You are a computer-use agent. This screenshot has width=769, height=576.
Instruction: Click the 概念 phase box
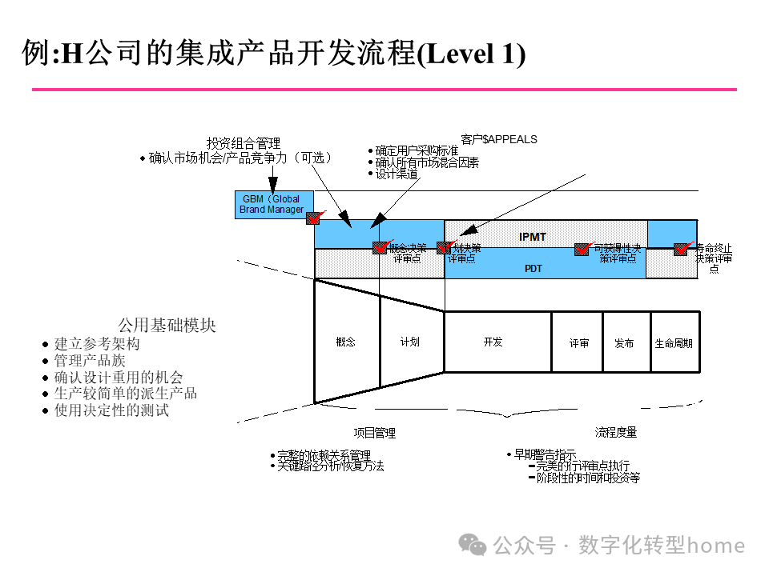(x=346, y=342)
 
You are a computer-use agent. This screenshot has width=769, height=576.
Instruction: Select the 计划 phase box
(x=410, y=342)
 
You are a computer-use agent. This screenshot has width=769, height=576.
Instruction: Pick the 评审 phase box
(x=578, y=342)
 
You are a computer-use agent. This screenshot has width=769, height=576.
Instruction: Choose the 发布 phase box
(x=625, y=342)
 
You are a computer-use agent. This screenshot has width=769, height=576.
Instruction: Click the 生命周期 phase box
(x=674, y=342)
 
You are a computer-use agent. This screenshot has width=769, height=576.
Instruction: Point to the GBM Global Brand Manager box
(x=272, y=204)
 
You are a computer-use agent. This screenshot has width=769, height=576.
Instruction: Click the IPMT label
(x=533, y=237)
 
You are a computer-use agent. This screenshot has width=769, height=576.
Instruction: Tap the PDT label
(x=533, y=269)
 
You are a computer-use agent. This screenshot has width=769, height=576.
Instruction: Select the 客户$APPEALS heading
(x=499, y=139)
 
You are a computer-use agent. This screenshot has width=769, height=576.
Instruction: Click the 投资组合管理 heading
(x=244, y=143)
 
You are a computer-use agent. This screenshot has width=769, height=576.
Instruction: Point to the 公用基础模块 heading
(x=167, y=326)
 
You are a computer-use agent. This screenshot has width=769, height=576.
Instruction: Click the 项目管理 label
(x=375, y=433)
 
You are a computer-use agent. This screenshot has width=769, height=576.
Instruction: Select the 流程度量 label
(x=616, y=432)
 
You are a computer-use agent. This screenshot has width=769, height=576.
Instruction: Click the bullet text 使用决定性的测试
(x=111, y=410)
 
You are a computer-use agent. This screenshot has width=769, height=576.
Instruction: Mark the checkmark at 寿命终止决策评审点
(x=682, y=248)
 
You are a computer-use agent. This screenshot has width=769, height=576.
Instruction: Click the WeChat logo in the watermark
(x=477, y=546)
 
